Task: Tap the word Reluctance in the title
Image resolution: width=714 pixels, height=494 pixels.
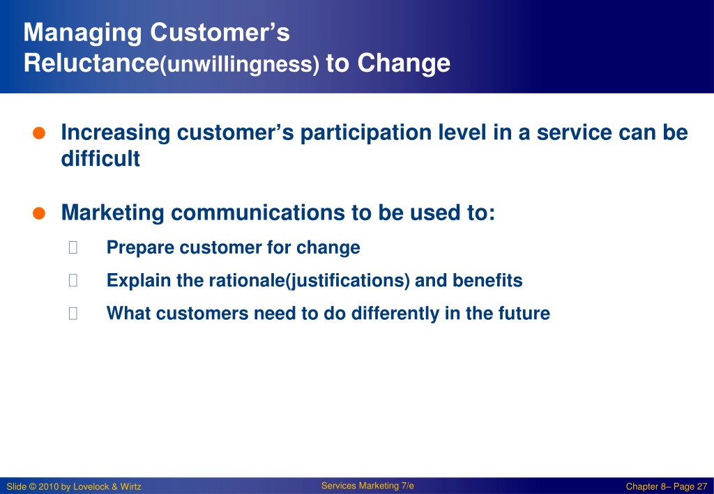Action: [x=91, y=63]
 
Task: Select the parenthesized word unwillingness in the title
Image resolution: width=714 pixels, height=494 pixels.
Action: [x=240, y=64]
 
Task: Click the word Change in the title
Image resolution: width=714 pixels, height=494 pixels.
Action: [x=404, y=63]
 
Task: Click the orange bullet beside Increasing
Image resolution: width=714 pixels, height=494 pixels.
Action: [x=39, y=133]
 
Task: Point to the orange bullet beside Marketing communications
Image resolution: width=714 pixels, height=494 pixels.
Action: [x=39, y=213]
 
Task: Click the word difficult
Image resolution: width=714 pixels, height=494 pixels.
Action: [x=100, y=159]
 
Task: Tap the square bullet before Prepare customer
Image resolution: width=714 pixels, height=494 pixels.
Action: [x=73, y=247]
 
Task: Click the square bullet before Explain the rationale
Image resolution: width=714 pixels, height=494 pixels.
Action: [x=73, y=280]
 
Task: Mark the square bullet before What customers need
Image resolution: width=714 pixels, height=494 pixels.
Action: [x=73, y=313]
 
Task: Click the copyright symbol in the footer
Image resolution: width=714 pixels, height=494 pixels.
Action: [x=32, y=487]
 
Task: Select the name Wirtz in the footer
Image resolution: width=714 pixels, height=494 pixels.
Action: [x=130, y=487]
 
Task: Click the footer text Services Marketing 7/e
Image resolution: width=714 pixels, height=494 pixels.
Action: [x=367, y=486]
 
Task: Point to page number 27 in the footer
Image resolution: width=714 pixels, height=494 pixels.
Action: [x=701, y=487]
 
